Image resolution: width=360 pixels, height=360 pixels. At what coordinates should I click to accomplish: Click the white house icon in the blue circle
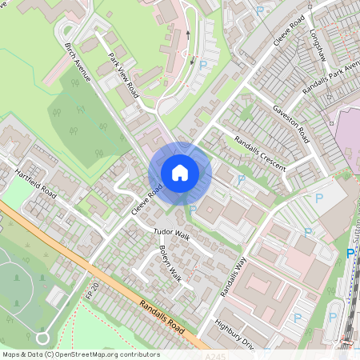pyautogui.click(x=180, y=172)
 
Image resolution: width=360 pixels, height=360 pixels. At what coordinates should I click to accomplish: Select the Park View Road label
pyautogui.click(x=124, y=75)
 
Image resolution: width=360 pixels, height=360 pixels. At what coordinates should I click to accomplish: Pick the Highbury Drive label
pyautogui.click(x=234, y=334)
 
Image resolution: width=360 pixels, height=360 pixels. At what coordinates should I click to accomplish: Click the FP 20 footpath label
pyautogui.click(x=93, y=290)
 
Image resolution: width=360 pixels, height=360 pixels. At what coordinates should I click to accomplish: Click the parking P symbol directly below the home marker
pyautogui.click(x=192, y=210)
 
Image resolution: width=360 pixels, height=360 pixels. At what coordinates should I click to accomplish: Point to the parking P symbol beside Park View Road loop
pyautogui.click(x=202, y=64)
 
